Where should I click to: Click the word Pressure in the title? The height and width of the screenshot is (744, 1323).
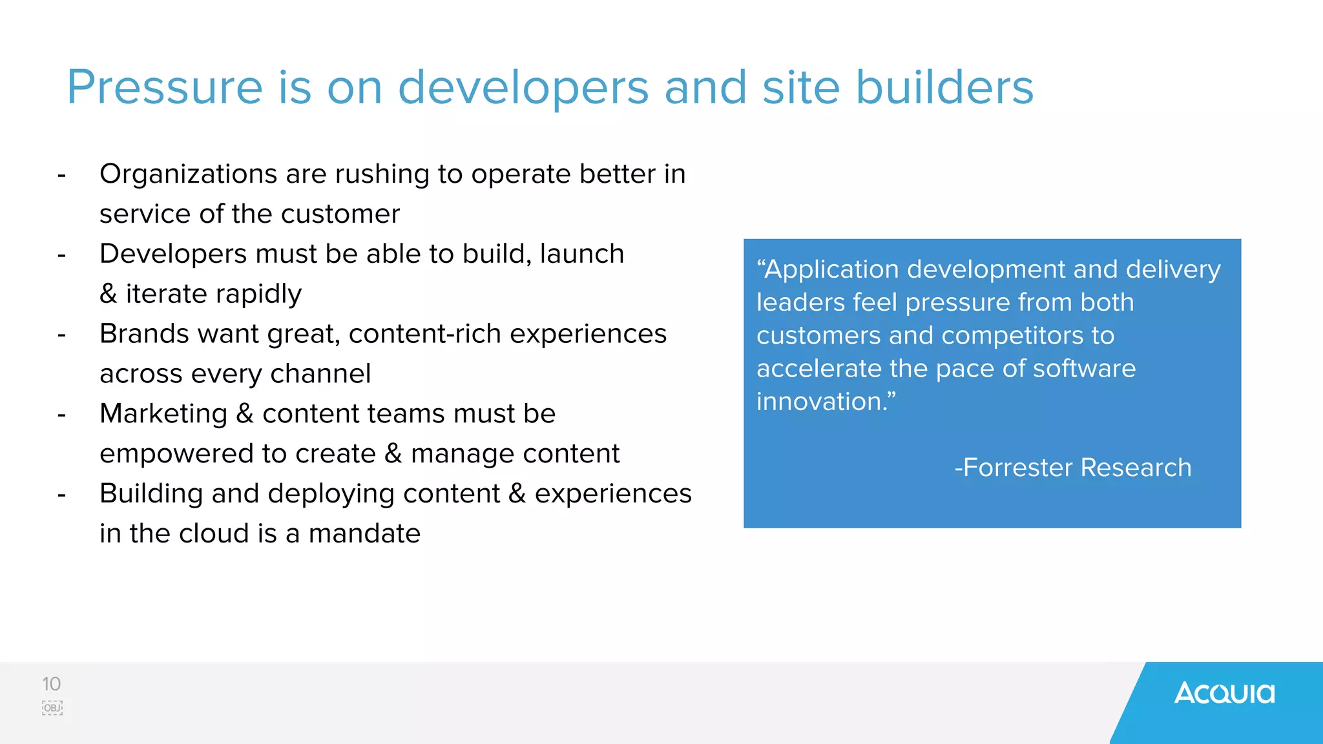pyautogui.click(x=165, y=88)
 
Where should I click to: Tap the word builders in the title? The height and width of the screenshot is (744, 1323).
pyautogui.click(x=944, y=88)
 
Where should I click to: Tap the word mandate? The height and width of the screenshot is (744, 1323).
pyautogui.click(x=364, y=534)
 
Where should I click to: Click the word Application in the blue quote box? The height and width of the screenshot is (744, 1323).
pyautogui.click(x=831, y=270)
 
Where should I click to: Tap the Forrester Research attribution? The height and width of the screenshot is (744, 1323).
pyautogui.click(x=1072, y=468)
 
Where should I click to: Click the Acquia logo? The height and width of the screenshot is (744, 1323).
pyautogui.click(x=1224, y=694)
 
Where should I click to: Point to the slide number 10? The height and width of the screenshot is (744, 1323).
pyautogui.click(x=51, y=684)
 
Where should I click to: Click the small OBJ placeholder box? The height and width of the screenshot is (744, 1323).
pyautogui.click(x=52, y=708)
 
